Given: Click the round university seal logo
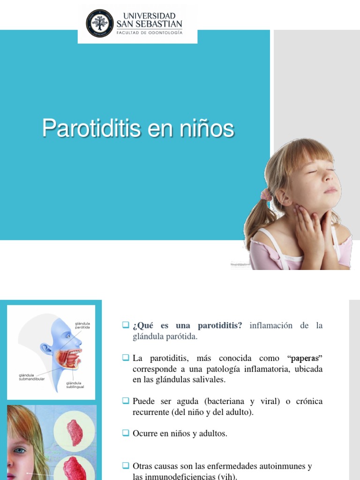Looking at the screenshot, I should point(99,23).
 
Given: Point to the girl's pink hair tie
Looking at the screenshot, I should point(266,194).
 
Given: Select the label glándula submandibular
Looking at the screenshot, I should point(31,377).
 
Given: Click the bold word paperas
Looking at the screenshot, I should point(305,359).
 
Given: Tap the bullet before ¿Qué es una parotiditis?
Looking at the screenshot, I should point(125,325).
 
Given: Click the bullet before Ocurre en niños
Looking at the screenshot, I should point(125,433).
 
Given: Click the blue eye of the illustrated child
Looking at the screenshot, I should point(20,450).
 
